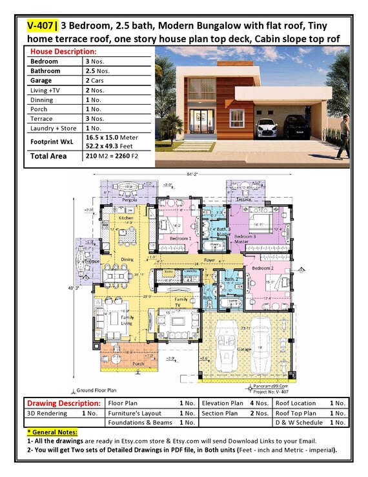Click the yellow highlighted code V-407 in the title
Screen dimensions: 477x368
pos(41,26)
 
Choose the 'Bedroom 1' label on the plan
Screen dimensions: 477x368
pos(180,238)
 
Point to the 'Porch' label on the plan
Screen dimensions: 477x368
pos(138,363)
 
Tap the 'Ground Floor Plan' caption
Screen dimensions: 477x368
pos(97,390)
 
